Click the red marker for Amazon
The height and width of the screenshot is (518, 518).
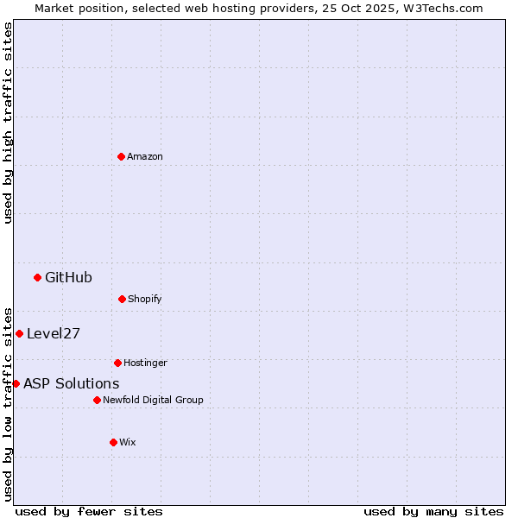click(121, 156)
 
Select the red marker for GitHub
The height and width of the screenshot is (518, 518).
click(37, 277)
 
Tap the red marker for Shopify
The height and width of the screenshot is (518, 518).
click(122, 299)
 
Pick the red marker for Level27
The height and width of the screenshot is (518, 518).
click(19, 333)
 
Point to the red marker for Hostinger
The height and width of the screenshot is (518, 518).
click(117, 363)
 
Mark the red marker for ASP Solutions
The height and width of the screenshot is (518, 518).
click(16, 383)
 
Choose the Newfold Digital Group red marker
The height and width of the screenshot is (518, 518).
click(97, 400)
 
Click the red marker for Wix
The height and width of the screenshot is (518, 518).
click(113, 442)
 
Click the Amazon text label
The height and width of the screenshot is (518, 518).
click(145, 156)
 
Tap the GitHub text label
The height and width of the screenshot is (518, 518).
click(68, 277)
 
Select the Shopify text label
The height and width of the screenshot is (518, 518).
click(145, 299)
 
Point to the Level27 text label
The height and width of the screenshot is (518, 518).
click(54, 333)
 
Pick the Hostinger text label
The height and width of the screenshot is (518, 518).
click(145, 363)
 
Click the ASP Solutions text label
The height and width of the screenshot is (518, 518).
click(72, 383)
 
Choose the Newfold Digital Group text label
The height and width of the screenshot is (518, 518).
click(153, 400)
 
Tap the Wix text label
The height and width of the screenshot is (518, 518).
click(128, 442)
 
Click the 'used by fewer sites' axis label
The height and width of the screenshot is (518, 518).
click(89, 511)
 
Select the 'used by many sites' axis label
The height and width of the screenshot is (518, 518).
click(433, 511)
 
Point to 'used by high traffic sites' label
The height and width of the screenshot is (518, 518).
click(8, 123)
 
